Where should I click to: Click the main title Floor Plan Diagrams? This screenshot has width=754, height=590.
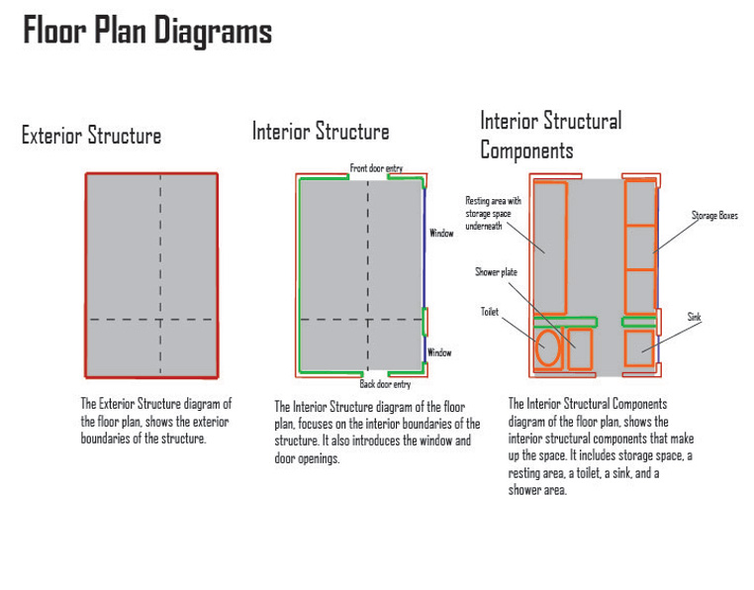point(147,32)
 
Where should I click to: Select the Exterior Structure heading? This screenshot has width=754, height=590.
point(91,136)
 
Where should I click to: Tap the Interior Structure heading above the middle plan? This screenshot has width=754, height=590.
point(321,132)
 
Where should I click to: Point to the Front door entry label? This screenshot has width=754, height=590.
point(376,169)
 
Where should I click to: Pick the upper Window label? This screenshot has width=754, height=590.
point(441,234)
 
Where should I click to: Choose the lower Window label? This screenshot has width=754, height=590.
point(439,352)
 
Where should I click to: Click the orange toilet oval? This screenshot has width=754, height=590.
point(547,349)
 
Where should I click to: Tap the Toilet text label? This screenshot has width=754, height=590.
point(491,311)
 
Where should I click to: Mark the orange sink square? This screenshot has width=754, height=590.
point(639,349)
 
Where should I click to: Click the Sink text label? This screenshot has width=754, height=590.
point(695,317)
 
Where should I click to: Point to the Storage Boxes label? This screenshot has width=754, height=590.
point(714,215)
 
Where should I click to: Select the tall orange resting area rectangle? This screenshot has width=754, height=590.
point(549,247)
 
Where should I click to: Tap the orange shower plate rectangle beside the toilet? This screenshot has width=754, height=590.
point(579,349)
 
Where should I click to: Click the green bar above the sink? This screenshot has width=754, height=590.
point(639,321)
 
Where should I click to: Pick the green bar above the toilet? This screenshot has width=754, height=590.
point(565,321)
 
